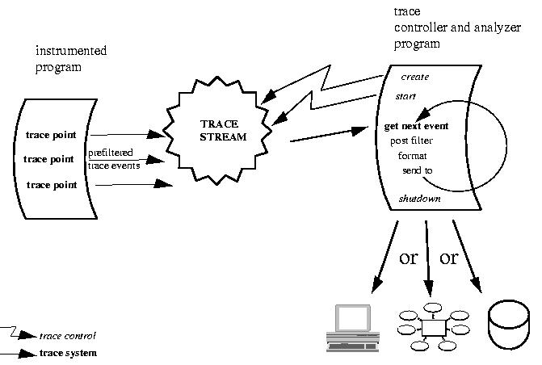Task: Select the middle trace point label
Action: pyautogui.click(x=50, y=159)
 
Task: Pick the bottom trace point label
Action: pyautogui.click(x=52, y=185)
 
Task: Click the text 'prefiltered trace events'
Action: pyautogui.click(x=114, y=159)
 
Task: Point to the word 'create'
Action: pyautogui.click(x=415, y=78)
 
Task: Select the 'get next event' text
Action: pyautogui.click(x=417, y=127)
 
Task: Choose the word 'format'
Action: pyautogui.click(x=412, y=156)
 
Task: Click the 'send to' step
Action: pyautogui.click(x=418, y=170)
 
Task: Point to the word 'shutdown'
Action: pyautogui.click(x=419, y=199)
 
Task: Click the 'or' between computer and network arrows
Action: pyautogui.click(x=409, y=258)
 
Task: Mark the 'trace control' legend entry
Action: pyautogui.click(x=68, y=335)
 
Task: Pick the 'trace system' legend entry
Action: pyautogui.click(x=68, y=353)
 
